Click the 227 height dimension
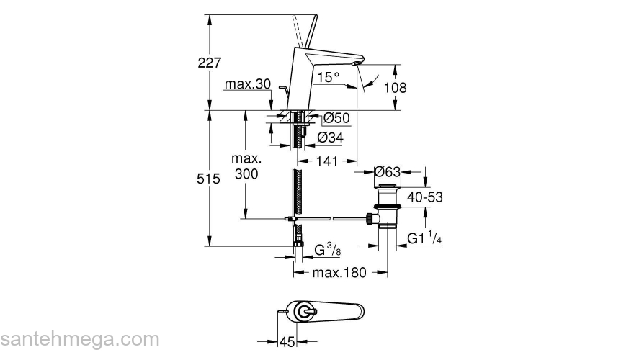[210, 63]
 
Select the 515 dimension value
[208, 179]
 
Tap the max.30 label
[247, 84]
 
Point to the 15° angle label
[329, 77]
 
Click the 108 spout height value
[395, 88]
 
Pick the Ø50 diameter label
[336, 118]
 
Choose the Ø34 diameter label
[331, 138]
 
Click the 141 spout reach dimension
[326, 161]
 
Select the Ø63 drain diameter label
[387, 172]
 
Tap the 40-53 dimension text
[425, 197]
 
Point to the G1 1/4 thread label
[424, 238]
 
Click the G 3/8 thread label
[328, 251]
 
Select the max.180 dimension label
[339, 273]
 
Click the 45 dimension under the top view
[287, 342]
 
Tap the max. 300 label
[246, 166]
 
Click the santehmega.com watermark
[80, 340]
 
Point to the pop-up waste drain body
[388, 206]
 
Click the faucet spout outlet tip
[357, 65]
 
